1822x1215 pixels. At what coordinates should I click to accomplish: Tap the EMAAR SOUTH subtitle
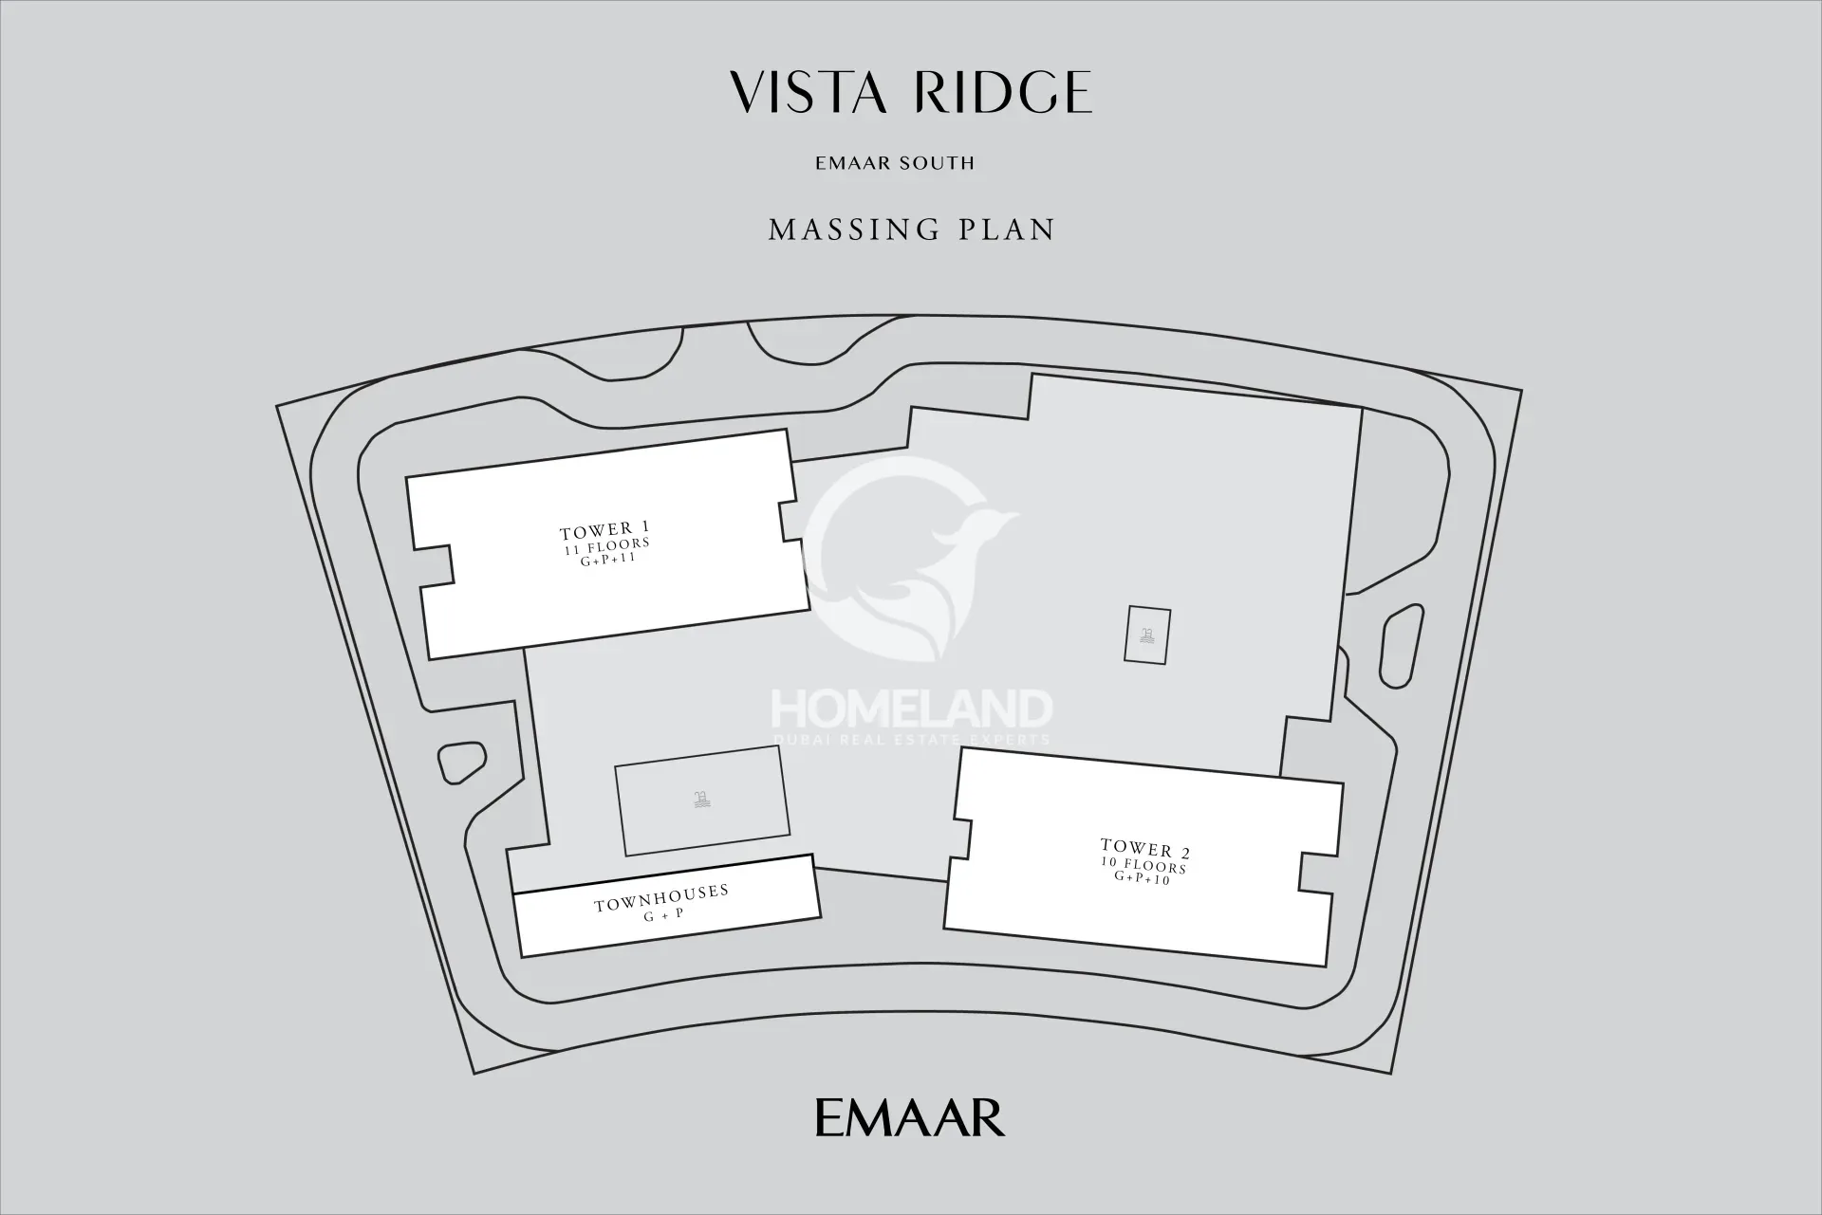[895, 163]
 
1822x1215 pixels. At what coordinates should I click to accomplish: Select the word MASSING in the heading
[854, 230]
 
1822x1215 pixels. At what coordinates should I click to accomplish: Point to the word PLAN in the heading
[1009, 230]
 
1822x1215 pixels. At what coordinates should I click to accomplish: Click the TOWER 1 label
[604, 530]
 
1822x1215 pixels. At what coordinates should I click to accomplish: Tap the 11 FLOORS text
[606, 546]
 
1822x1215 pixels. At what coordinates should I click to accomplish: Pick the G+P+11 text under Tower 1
[607, 560]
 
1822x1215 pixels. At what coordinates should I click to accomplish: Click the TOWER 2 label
[1145, 849]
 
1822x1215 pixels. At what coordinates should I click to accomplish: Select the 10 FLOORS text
[1143, 866]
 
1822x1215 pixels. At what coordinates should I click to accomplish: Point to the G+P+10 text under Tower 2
[1143, 878]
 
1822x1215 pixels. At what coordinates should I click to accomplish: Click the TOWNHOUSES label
[662, 898]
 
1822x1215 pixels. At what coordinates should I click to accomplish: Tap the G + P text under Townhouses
[664, 916]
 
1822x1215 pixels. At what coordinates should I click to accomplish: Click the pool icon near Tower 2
[1147, 635]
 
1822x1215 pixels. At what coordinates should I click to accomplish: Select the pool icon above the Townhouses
[701, 801]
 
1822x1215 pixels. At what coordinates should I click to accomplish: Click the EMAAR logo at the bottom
[910, 1117]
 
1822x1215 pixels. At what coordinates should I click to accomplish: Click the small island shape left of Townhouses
[459, 763]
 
